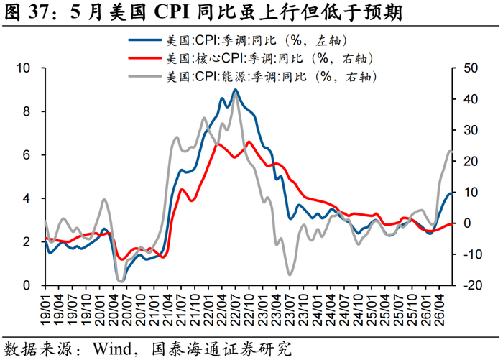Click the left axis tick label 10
[24, 68]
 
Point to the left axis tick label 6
[27, 155]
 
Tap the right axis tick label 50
[471, 68]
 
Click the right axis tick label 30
[471, 130]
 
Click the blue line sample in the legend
[144, 40]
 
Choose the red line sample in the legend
[144, 58]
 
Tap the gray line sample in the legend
[144, 76]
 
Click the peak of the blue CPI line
[235, 90]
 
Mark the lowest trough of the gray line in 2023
[290, 274]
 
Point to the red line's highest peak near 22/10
[249, 142]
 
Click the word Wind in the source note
[112, 349]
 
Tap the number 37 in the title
[39, 13]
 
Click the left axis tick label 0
[27, 285]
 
